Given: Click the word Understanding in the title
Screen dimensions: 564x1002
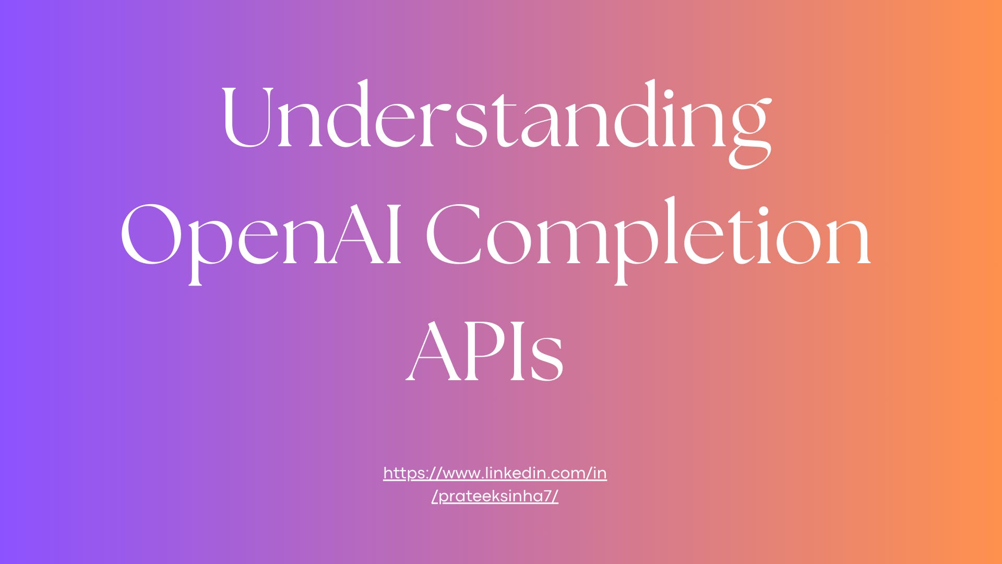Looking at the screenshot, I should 496,118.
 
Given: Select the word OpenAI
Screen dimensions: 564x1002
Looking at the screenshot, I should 261,235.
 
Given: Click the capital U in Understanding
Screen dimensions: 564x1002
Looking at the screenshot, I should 248,118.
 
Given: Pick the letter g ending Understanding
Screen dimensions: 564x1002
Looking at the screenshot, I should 749,131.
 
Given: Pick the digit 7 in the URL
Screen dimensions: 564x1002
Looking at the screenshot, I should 547,496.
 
